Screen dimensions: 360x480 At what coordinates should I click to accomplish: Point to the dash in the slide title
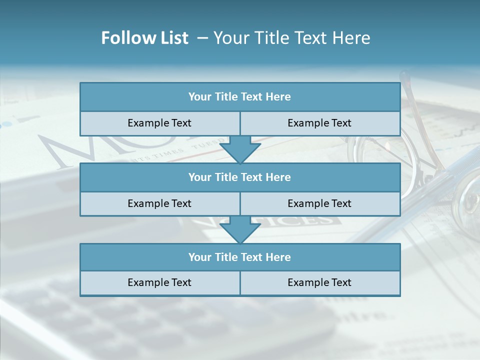pos(202,38)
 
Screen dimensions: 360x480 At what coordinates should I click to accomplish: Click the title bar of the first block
pos(239,97)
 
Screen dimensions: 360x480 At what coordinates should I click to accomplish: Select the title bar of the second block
pos(239,177)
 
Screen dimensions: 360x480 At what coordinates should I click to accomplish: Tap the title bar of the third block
pos(239,257)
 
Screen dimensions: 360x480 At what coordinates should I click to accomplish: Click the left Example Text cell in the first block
pos(159,123)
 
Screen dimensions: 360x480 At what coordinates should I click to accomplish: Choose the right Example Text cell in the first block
pos(319,123)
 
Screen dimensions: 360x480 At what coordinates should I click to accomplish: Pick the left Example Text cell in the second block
pos(159,203)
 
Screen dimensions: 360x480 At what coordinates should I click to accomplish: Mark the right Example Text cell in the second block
pos(319,203)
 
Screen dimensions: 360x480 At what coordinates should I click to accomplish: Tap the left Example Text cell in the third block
pos(159,282)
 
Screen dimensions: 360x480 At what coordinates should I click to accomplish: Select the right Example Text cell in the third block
pos(319,282)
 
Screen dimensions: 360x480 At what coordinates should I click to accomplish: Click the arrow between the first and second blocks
pos(240,149)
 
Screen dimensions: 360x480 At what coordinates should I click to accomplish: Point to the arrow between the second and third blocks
pos(240,230)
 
